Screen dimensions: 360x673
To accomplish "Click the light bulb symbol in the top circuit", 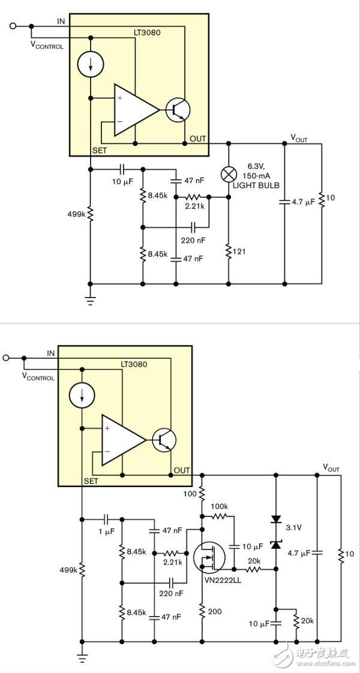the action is coord(228,175).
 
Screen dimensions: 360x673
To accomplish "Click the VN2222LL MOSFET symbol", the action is coord(208,558).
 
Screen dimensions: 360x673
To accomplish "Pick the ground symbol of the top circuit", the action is coord(90,301).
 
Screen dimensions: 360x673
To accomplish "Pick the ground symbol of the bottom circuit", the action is coord(82,659).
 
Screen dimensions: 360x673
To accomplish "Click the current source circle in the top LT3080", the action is coord(90,64).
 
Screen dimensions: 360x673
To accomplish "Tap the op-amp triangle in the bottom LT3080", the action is coord(123,440).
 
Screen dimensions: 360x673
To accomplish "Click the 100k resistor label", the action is coord(220,507).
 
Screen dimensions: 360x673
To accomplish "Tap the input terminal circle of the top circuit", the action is coord(13,26).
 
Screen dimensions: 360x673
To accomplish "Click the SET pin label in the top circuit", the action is coord(100,150).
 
